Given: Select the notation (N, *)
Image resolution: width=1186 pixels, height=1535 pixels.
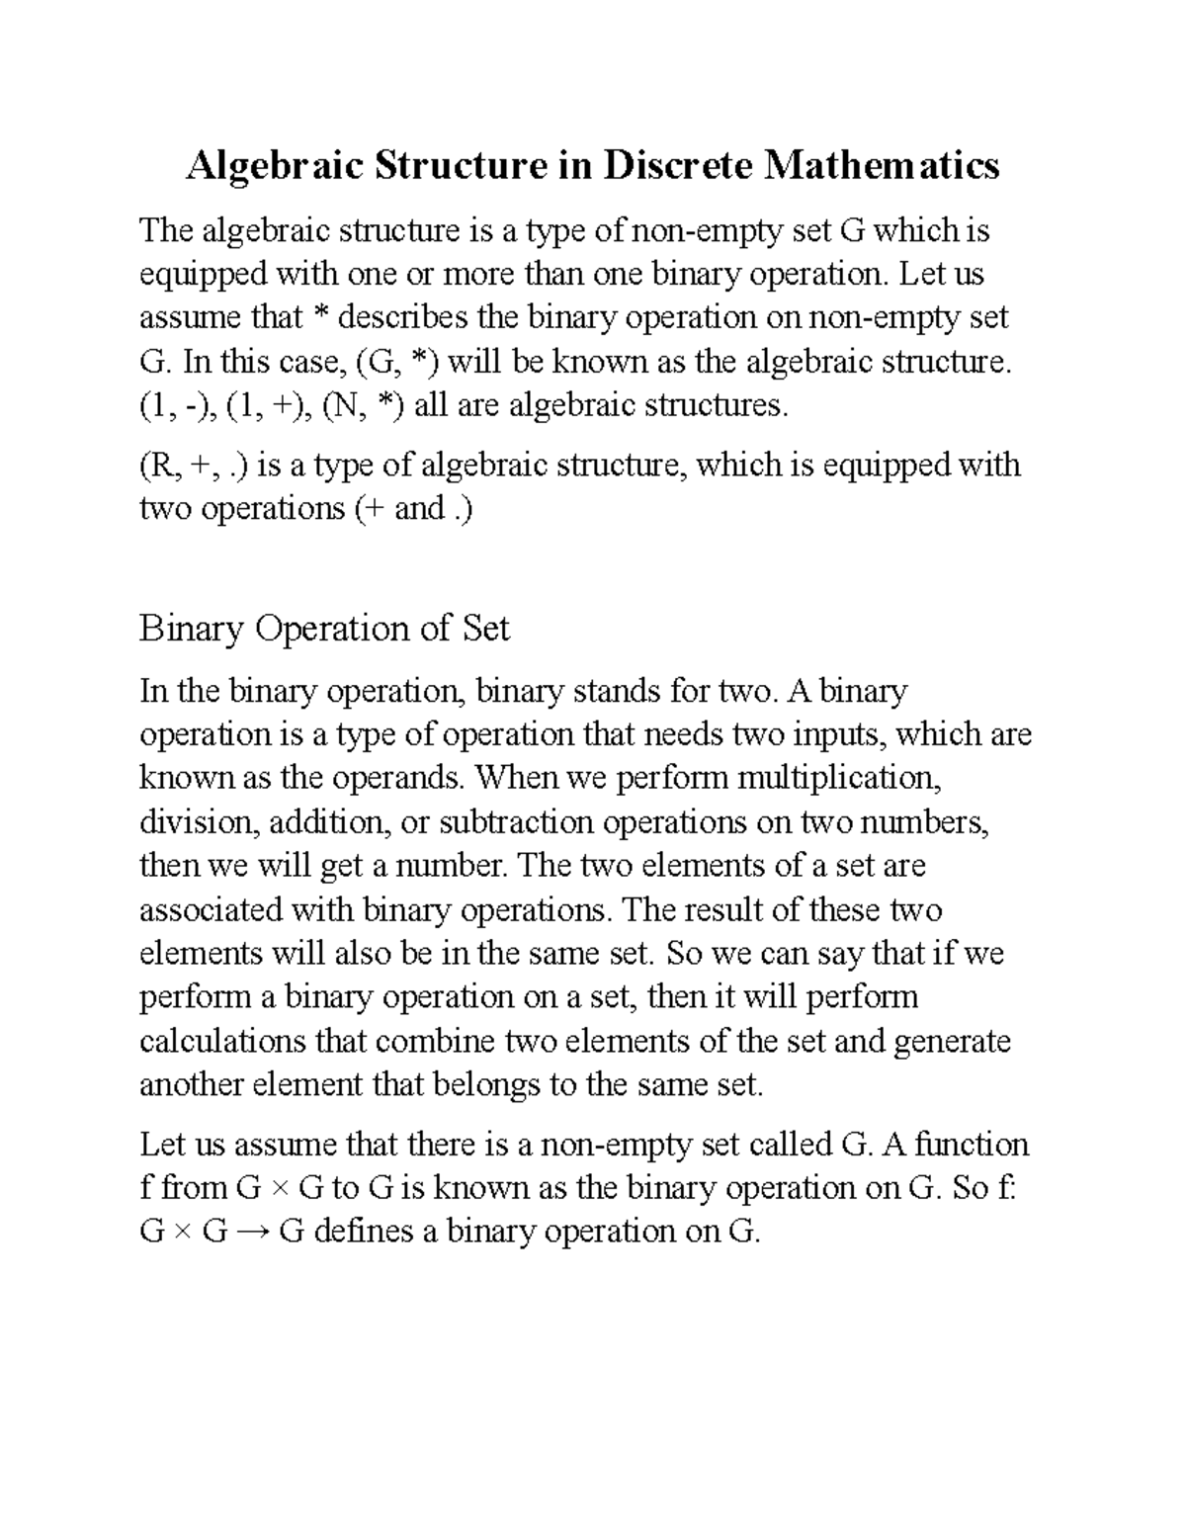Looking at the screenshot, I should coord(363,405).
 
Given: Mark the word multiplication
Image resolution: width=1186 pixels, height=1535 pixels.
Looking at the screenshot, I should coord(834,779).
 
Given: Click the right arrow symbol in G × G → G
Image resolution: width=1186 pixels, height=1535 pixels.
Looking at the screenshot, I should coord(253,1233).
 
